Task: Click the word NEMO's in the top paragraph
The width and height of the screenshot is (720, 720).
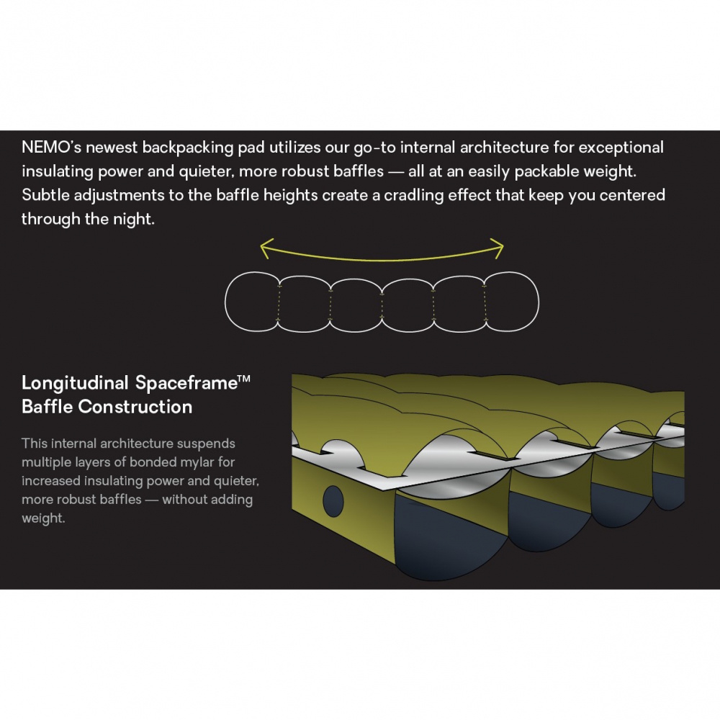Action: tap(51, 148)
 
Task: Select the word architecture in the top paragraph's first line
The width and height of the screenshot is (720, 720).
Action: tap(504, 148)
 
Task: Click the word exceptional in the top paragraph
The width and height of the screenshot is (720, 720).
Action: tap(621, 148)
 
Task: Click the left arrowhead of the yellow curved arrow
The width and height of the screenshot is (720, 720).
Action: tap(266, 248)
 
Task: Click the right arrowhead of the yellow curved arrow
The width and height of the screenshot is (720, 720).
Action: tap(499, 248)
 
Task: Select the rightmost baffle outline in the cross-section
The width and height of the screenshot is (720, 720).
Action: tap(539, 302)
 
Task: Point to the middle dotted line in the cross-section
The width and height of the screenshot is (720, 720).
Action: tap(382, 305)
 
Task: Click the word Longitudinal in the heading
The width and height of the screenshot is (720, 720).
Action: tap(75, 384)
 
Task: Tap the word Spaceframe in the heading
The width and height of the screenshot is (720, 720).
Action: tap(186, 383)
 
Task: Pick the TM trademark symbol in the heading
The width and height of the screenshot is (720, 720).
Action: tap(244, 379)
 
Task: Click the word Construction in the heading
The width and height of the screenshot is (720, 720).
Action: tap(135, 407)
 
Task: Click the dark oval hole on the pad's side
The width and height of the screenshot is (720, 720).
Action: tap(333, 501)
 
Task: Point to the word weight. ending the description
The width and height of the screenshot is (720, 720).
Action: tap(43, 518)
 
